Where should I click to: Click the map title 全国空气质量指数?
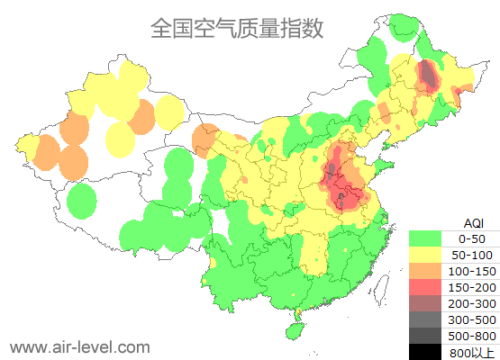coord(237,29)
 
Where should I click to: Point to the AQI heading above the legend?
coord(473,222)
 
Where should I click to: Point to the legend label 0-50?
coord(472,238)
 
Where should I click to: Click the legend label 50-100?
coord(472,255)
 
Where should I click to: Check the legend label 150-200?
coord(472,287)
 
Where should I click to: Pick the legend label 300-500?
coord(472,319)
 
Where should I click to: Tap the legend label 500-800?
coord(472,336)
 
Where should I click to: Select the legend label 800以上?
coord(472,352)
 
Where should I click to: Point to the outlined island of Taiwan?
coord(381,288)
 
